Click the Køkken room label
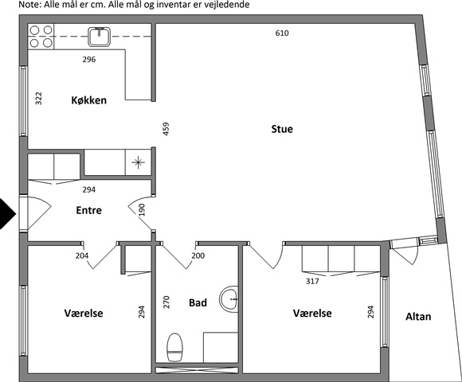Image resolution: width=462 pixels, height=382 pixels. (88, 100)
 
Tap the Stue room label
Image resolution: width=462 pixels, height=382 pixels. (282, 129)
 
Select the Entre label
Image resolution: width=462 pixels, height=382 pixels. (88, 210)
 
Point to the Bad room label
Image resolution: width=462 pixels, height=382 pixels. (198, 302)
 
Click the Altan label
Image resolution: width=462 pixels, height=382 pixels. (418, 317)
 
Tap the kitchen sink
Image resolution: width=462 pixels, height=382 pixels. (100, 37)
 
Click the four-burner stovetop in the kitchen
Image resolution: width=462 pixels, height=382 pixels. (41, 37)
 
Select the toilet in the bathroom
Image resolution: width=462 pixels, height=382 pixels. (174, 347)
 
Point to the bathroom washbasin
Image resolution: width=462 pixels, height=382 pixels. (229, 299)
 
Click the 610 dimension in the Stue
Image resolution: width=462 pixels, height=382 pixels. (282, 33)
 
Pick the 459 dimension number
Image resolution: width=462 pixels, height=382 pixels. (166, 129)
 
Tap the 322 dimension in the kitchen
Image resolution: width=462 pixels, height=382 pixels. (38, 99)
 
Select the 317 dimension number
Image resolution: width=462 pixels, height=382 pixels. (312, 282)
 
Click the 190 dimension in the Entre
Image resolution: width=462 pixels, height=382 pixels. (142, 209)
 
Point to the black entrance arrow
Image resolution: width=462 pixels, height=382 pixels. (8, 213)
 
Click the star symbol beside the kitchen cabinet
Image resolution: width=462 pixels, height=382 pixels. (138, 162)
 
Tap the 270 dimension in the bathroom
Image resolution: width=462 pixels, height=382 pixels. (166, 302)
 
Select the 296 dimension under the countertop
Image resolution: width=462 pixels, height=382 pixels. (89, 60)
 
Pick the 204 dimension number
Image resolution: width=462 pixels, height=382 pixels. (82, 255)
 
